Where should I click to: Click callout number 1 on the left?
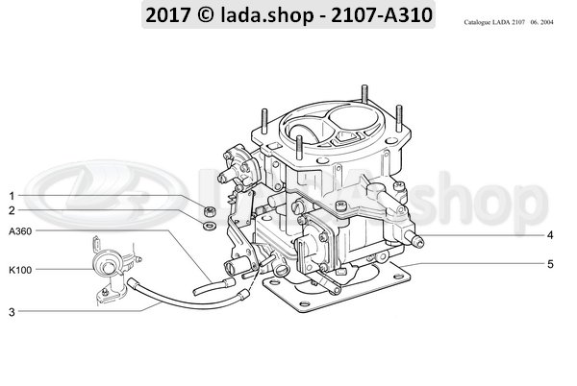pos(12,196)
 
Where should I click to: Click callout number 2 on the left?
pos(13,210)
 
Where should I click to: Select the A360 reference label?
pos(20,231)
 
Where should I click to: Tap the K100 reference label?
pos(20,270)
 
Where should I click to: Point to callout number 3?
pos(12,312)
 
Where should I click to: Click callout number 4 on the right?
pos(550,235)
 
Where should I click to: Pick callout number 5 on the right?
pos(550,264)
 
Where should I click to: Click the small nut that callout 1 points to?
pos(210,211)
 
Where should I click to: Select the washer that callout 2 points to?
pos(210,225)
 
